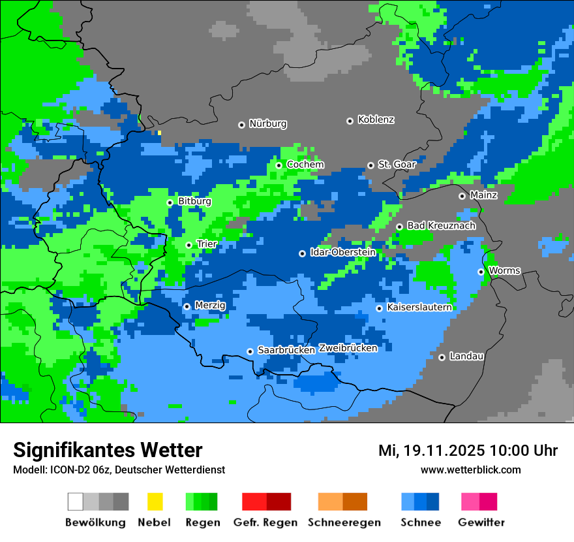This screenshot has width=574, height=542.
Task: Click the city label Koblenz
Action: click(x=376, y=120)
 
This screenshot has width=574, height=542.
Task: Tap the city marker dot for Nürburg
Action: click(x=241, y=125)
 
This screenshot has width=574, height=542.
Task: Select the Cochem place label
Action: click(x=305, y=165)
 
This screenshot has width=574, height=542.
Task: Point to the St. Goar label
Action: click(x=397, y=165)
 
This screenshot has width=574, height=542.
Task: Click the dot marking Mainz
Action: click(x=462, y=196)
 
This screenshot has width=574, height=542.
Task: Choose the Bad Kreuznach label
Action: click(x=441, y=226)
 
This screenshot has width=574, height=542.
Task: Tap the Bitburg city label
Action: click(x=194, y=202)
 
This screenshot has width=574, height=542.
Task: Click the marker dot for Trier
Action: click(x=189, y=246)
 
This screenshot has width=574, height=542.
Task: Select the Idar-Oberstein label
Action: click(x=342, y=252)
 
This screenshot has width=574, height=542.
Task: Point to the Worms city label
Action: click(x=504, y=270)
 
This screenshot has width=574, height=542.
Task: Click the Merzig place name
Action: click(x=210, y=306)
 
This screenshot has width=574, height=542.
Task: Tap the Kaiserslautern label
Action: click(x=419, y=308)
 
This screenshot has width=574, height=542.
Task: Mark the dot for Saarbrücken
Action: click(x=250, y=351)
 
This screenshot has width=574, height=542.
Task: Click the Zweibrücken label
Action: click(x=348, y=348)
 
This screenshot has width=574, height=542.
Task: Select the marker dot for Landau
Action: click(x=442, y=357)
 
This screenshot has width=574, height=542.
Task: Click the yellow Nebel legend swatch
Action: click(x=155, y=502)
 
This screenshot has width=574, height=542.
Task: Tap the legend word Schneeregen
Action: click(x=344, y=522)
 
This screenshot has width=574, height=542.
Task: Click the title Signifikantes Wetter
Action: click(x=108, y=450)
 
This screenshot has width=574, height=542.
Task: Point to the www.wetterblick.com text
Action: click(x=470, y=470)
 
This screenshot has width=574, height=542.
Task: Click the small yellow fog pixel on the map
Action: click(x=159, y=133)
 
